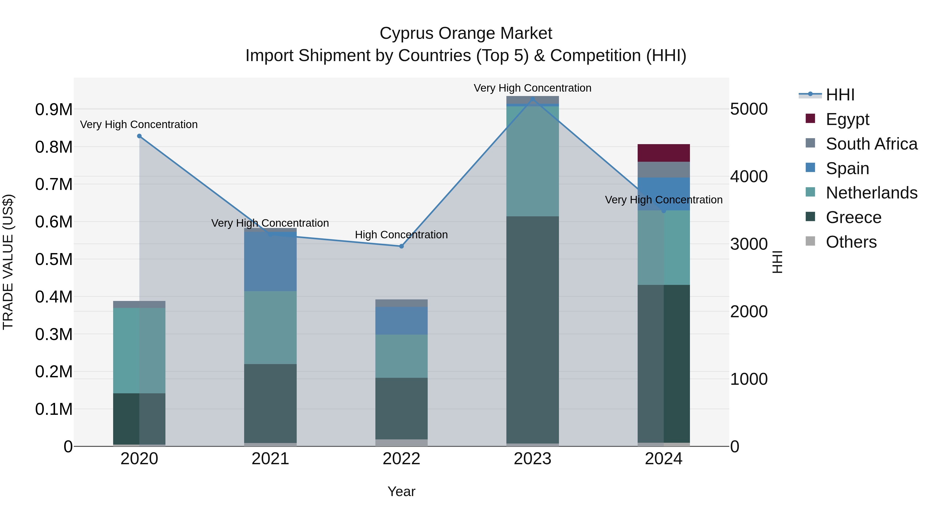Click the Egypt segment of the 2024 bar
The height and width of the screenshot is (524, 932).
pos(663,153)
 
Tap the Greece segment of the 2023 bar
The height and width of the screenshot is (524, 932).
pos(532,329)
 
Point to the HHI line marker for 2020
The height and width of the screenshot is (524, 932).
pos(139,136)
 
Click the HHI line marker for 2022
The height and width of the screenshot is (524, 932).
pos(401,246)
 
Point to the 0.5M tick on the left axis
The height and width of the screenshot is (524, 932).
pos(54,259)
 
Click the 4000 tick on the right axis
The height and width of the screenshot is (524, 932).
pos(748,176)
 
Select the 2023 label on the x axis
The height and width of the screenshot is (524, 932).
pos(532,459)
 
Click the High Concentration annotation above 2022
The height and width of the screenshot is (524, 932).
pos(401,235)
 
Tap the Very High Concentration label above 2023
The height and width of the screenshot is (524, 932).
pos(532,88)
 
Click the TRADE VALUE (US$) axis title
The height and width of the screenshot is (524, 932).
pos(8,262)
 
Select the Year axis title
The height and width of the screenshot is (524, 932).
pos(401,491)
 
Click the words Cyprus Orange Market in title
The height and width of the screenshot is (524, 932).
pos(466,33)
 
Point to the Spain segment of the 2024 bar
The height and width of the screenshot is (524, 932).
pos(663,194)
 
